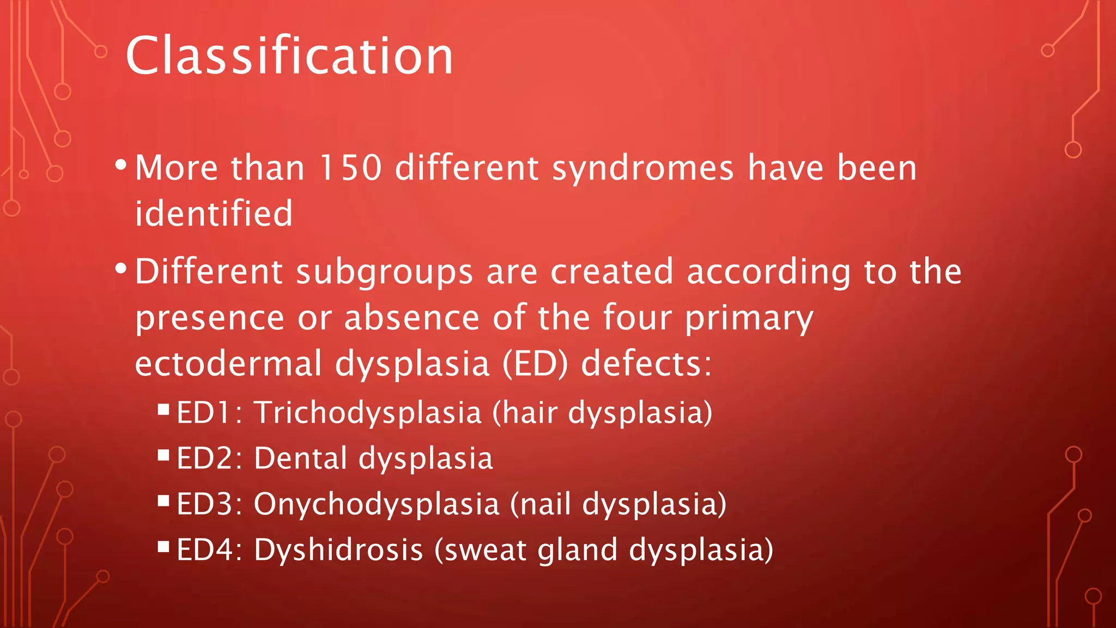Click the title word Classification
tap(289, 56)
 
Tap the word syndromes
tap(643, 168)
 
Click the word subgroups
tap(384, 273)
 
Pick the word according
tap(768, 273)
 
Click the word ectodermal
tap(228, 364)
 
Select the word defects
tap(646, 364)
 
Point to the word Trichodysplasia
tap(368, 413)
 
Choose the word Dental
tap(300, 458)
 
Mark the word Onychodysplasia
tap(377, 504)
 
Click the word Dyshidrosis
tap(338, 549)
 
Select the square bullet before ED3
tap(163, 500)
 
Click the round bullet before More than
tap(121, 164)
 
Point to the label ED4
tap(209, 549)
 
